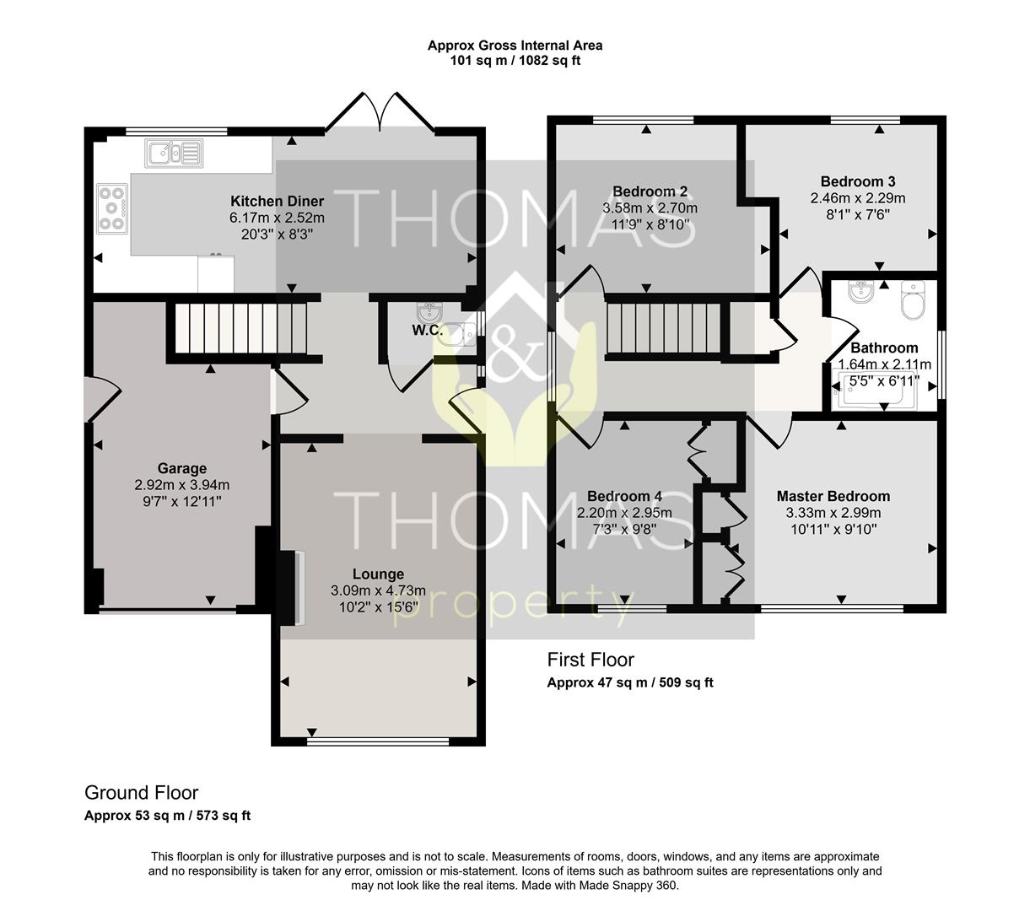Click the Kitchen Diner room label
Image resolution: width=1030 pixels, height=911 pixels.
(x=277, y=201)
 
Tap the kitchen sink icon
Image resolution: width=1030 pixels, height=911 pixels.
(x=174, y=153)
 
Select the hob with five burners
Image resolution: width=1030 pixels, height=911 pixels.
(x=112, y=208)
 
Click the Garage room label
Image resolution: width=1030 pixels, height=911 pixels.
(x=182, y=468)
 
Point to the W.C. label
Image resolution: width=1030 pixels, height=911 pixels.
(x=428, y=331)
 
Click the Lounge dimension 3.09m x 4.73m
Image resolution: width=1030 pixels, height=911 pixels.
(x=378, y=590)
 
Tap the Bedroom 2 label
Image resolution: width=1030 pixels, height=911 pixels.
(x=650, y=191)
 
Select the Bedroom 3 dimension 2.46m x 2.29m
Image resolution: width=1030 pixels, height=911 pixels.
(x=858, y=197)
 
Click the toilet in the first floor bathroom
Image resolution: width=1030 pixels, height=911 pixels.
(x=913, y=300)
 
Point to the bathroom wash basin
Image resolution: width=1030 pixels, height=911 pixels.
(x=860, y=292)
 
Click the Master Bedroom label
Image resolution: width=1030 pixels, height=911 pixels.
(x=833, y=496)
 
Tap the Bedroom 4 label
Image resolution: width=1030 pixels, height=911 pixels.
(x=624, y=496)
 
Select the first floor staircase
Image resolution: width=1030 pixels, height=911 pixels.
(x=665, y=328)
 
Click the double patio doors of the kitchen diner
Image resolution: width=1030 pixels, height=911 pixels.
(x=380, y=113)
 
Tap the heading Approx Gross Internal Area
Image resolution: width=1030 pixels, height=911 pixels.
(x=515, y=46)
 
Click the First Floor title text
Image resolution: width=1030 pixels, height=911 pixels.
(x=590, y=660)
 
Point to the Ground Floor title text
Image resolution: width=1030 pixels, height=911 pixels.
(x=142, y=793)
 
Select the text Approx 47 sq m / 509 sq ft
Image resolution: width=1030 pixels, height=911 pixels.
(x=630, y=682)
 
